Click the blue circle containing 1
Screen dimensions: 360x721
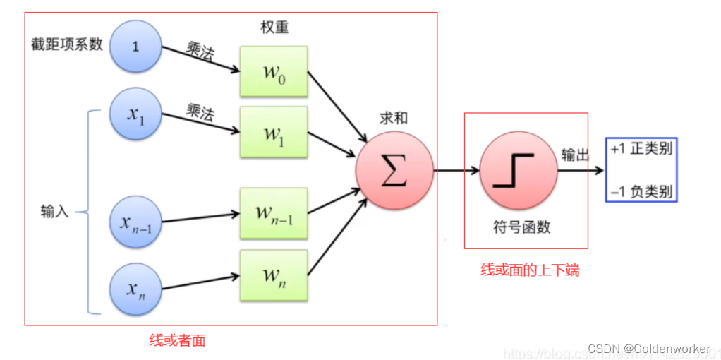point(136,46)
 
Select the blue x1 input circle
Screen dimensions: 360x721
point(136,114)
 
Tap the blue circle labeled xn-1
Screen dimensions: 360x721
point(136,222)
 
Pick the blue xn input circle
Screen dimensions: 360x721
point(136,289)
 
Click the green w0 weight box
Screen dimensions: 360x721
point(274,72)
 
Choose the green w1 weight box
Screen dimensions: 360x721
point(274,133)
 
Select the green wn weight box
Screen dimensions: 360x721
point(274,275)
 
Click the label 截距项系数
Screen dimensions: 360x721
point(67,44)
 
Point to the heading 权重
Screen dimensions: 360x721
point(274,28)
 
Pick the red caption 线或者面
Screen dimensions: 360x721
point(178,340)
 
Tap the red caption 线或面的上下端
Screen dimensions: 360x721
point(530,270)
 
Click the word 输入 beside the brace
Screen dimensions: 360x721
point(55,211)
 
